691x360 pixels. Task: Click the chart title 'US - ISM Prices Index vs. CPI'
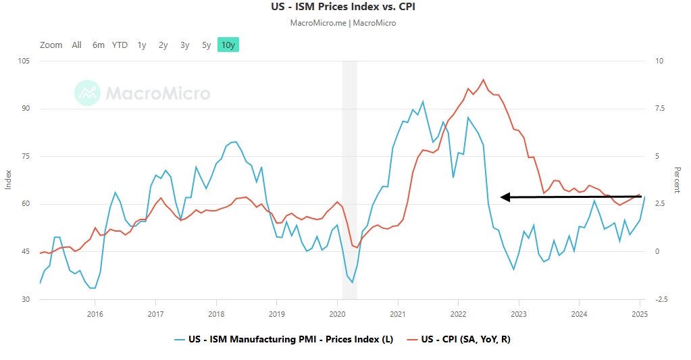point(345,7)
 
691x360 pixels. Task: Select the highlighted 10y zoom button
point(228,45)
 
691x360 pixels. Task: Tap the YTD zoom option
point(120,45)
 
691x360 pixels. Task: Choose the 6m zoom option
point(99,45)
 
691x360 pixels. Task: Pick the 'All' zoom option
point(76,45)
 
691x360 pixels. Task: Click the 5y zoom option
point(206,45)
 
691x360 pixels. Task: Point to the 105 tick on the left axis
point(25,61)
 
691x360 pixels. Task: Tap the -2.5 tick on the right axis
point(661,299)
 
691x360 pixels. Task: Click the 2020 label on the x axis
point(338,314)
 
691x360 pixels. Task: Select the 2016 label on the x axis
point(95,314)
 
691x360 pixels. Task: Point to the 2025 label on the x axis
point(640,314)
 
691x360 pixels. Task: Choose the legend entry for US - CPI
point(463,339)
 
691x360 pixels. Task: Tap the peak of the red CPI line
point(483,80)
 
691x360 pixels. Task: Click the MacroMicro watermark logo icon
point(86,93)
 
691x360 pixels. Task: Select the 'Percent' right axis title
point(677,180)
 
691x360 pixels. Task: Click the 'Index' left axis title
point(9,180)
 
